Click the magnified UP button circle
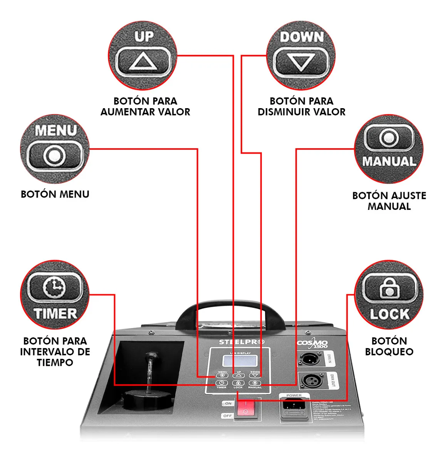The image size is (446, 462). coord(143,55)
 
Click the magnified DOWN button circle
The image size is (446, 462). coord(301,55)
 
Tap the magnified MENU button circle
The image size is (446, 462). coord(55,149)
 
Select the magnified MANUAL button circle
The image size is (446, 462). coord(389,149)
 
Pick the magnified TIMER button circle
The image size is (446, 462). coord(55,295)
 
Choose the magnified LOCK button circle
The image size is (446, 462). coord(389,295)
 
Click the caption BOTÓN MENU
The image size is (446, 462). coord(55,194)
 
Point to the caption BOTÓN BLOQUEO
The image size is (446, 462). coord(389,346)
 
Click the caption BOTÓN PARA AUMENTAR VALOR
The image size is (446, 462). coord(145,106)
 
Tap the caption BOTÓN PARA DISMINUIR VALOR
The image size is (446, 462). coord(301,106)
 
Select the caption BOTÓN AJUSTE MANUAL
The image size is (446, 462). coord(389,201)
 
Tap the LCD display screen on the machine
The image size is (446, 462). coord(239,361)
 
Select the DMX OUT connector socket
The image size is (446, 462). coord(310,382)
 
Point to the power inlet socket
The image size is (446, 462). coord(294,406)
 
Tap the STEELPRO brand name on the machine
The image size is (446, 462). coord(241,342)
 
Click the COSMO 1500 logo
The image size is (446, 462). coord(312,343)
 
